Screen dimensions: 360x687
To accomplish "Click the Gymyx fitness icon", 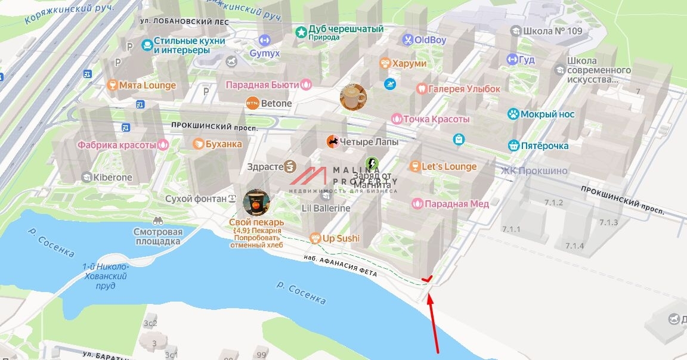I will tap(264, 41).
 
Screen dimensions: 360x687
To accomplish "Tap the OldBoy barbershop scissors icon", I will tap(407, 41).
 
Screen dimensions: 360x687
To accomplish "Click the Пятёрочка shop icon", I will tap(513, 145).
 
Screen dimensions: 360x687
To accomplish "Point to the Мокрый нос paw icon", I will tap(512, 114).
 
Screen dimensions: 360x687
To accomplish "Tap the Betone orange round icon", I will tap(252, 103).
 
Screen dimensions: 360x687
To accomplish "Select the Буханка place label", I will tap(224, 144).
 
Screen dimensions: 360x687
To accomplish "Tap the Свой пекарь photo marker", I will tap(256, 203).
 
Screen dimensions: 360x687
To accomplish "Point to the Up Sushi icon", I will tap(315, 238).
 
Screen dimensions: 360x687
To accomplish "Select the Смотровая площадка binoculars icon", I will tap(157, 220).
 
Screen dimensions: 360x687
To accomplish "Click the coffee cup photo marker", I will tap(353, 97).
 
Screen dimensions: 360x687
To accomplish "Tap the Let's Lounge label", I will tap(449, 166).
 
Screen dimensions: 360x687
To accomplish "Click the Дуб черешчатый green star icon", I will tap(301, 30).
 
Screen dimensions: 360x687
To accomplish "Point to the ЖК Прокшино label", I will tap(534, 171).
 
